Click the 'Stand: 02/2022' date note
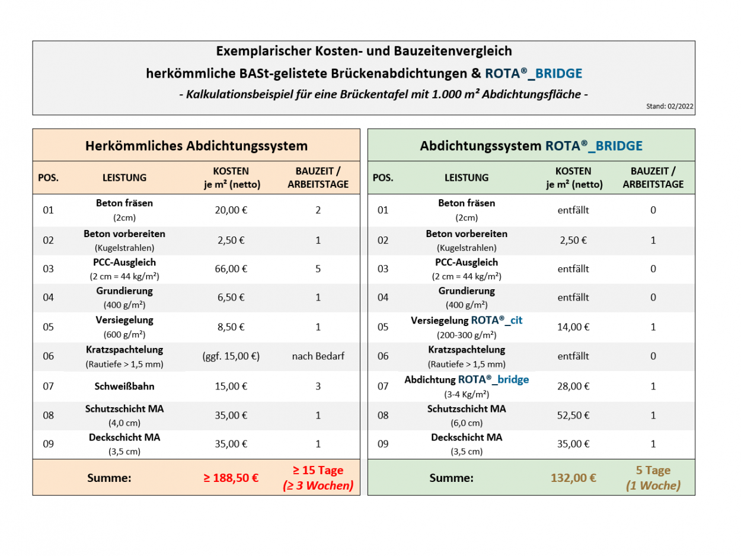tap(670, 107)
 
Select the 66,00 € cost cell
tap(231, 269)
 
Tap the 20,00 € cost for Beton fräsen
tap(231, 210)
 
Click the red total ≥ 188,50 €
tap(231, 478)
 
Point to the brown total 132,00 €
tap(573, 478)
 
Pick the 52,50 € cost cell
tap(573, 415)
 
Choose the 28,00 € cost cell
tap(573, 386)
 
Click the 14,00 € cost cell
tap(573, 327)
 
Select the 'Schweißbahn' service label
tap(124, 386)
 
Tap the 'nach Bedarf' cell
tap(318, 356)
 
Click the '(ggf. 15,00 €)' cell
tap(231, 356)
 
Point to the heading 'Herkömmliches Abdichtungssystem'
tap(196, 145)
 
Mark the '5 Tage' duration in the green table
tap(653, 471)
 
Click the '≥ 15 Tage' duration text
tap(318, 471)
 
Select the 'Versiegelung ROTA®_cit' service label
tap(467, 321)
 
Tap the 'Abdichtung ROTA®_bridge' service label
tap(467, 380)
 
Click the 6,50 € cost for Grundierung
tap(231, 298)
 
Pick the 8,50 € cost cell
tap(231, 327)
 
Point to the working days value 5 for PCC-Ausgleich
tap(318, 269)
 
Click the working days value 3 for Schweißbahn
tap(318, 386)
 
